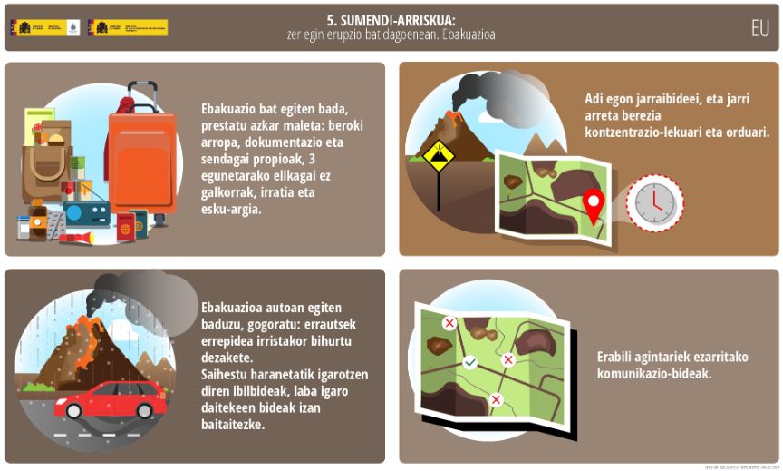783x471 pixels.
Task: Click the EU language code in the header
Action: click(x=759, y=27)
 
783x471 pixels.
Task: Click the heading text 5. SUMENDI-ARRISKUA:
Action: click(x=391, y=19)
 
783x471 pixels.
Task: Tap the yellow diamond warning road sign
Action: click(x=439, y=157)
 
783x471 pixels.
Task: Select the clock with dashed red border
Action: click(x=654, y=201)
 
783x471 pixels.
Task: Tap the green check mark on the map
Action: click(x=469, y=363)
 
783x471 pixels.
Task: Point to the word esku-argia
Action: click(x=231, y=209)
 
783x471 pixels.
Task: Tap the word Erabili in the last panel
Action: click(x=617, y=357)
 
